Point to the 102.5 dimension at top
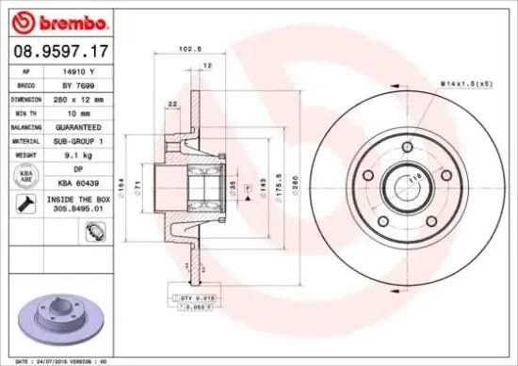[190, 50]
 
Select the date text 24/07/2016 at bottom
[49, 360]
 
